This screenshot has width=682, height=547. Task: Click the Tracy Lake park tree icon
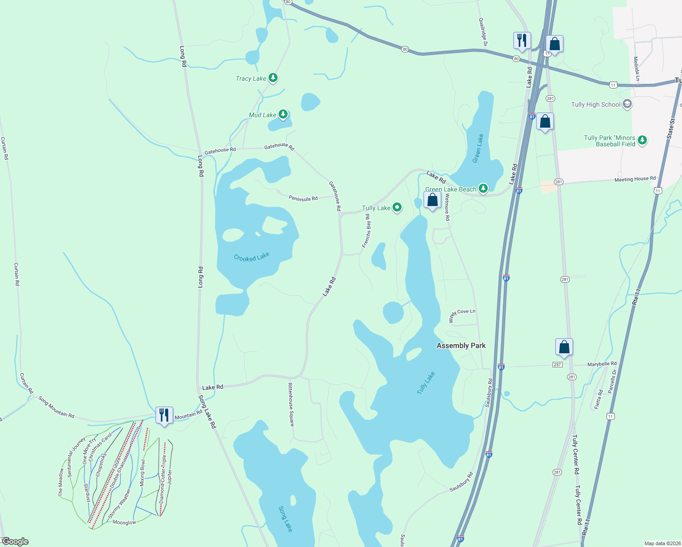[273, 78]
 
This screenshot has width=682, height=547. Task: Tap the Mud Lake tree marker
[283, 114]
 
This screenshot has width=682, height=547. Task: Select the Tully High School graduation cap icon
[627, 104]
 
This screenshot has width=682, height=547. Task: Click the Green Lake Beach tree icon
[483, 188]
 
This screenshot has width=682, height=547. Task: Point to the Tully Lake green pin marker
[397, 208]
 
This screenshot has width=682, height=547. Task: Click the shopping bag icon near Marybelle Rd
[564, 347]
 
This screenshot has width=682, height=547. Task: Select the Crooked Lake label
[252, 257]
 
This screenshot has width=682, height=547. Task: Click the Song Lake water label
[285, 519]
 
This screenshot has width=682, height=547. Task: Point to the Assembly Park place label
[461, 346]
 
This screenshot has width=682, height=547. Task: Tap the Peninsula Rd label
[303, 199]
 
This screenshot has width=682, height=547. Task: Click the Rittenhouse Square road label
[291, 404]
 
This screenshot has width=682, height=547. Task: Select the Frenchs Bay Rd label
[366, 231]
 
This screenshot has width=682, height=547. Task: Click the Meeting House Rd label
[635, 179]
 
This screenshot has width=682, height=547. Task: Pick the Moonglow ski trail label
[124, 522]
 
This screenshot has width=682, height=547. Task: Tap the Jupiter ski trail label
[170, 483]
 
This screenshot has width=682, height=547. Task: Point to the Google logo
[15, 542]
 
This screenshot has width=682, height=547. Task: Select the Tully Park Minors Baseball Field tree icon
[642, 140]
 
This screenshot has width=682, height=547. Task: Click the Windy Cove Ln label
[463, 313]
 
